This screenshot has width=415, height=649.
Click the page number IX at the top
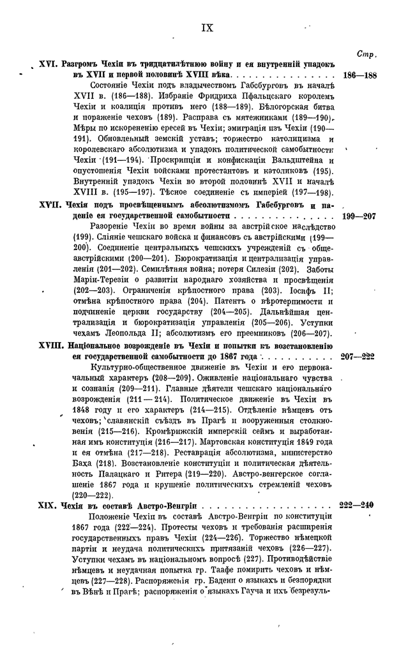[207, 27]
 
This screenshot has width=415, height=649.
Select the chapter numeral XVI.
[49, 64]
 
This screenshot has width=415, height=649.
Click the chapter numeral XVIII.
[49, 347]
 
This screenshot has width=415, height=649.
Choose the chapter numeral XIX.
[49, 505]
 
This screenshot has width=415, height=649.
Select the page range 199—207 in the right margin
[359, 217]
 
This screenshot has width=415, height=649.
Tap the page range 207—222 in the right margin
[359, 357]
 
